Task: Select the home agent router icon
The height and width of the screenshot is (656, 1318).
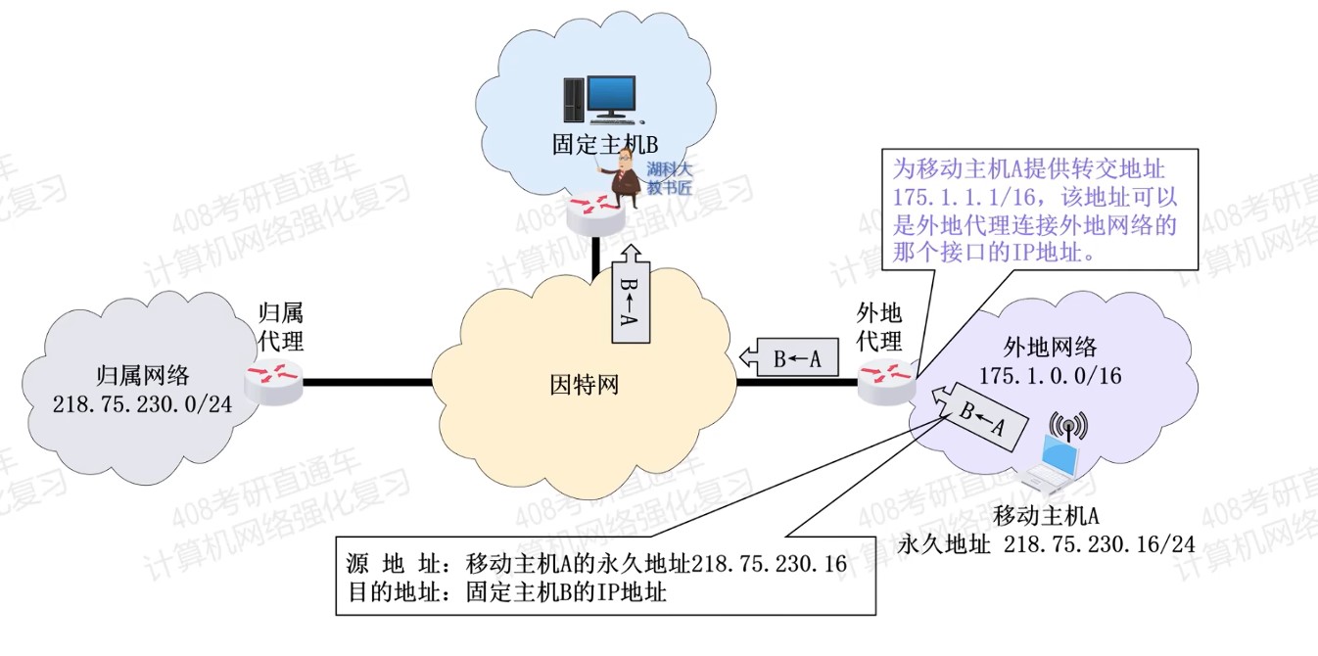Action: coord(273,381)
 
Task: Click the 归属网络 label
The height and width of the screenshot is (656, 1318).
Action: coord(143,375)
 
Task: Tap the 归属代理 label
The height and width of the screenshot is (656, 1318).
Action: coord(280,327)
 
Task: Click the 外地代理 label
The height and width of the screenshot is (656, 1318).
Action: coord(878,327)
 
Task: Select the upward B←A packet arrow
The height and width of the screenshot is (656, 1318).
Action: coord(630,296)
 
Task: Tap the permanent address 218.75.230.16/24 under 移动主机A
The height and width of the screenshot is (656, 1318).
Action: coord(1099,544)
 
